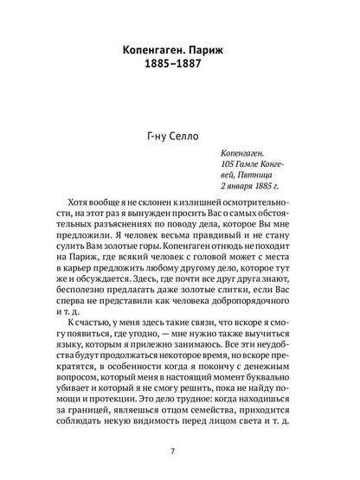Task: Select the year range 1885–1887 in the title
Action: coord(180,54)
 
